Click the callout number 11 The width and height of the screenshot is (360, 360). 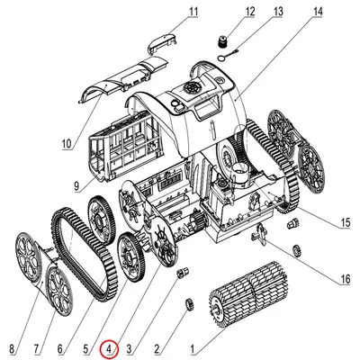point(193,12)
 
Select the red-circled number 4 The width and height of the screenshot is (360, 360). point(110,349)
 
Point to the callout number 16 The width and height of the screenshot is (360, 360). point(346,279)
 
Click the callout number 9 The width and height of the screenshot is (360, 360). point(76,186)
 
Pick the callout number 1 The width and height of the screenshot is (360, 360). point(193,349)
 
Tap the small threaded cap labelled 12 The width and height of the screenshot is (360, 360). point(221,40)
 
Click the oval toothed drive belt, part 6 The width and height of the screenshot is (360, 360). point(85,252)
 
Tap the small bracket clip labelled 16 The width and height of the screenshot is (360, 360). point(259,234)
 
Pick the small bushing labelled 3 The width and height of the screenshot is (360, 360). point(183,272)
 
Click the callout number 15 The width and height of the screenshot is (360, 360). point(345,222)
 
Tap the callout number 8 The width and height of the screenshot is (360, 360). point(12,349)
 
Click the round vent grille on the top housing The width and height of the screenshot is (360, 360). point(193,88)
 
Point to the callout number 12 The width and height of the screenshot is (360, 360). point(249,12)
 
